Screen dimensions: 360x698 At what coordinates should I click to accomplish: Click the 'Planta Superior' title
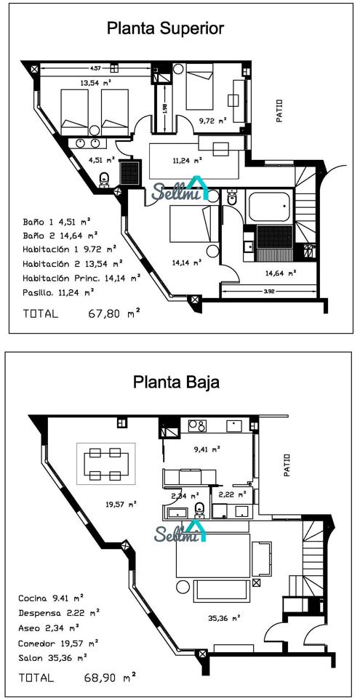165,28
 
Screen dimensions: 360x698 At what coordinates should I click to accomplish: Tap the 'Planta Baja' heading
177,382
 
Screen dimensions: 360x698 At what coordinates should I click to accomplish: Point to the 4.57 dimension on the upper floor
95,68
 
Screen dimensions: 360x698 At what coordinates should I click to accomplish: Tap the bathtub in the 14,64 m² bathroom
270,206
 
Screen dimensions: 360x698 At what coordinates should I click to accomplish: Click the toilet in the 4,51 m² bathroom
104,180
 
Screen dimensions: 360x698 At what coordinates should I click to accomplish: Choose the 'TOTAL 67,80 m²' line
82,313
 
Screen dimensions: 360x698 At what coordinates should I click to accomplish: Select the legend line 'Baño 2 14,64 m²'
60,235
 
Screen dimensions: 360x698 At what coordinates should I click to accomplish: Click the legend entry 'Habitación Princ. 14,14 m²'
82,278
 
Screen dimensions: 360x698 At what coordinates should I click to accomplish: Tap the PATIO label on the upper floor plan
279,111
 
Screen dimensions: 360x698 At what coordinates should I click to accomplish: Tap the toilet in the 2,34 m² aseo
199,510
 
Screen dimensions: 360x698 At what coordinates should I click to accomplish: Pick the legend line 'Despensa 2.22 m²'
59,613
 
